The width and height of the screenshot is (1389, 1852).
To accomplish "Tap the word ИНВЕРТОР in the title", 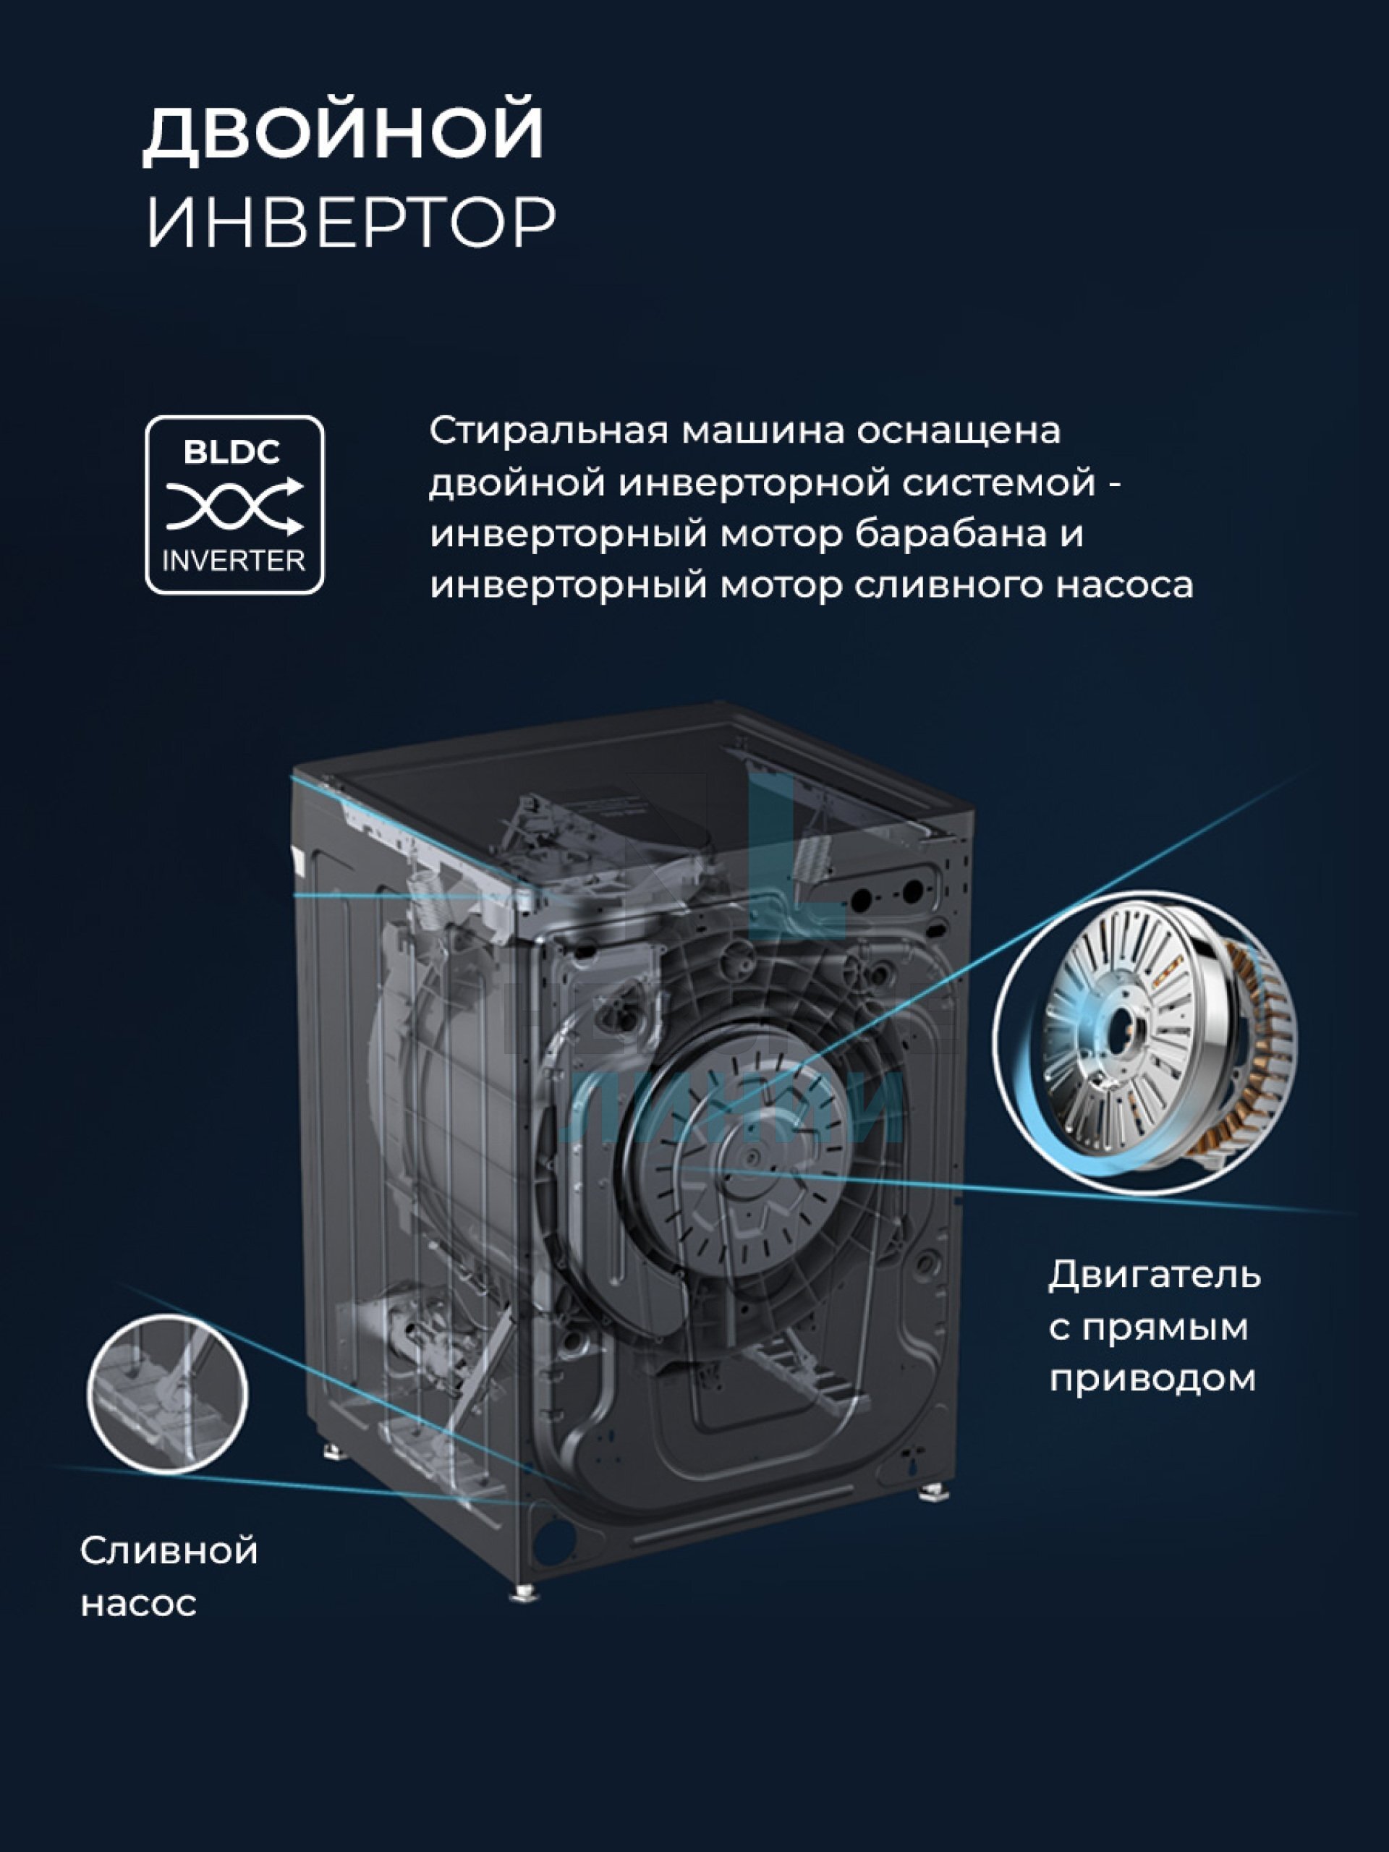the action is click(x=351, y=223).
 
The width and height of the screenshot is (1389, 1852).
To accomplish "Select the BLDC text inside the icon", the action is click(x=232, y=452).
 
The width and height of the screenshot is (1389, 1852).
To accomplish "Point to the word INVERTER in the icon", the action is click(x=234, y=560).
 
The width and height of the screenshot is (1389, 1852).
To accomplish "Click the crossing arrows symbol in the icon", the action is click(x=234, y=506).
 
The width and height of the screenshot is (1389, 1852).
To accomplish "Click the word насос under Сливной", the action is click(x=138, y=1604).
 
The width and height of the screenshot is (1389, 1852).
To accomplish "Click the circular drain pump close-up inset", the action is click(x=167, y=1394).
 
